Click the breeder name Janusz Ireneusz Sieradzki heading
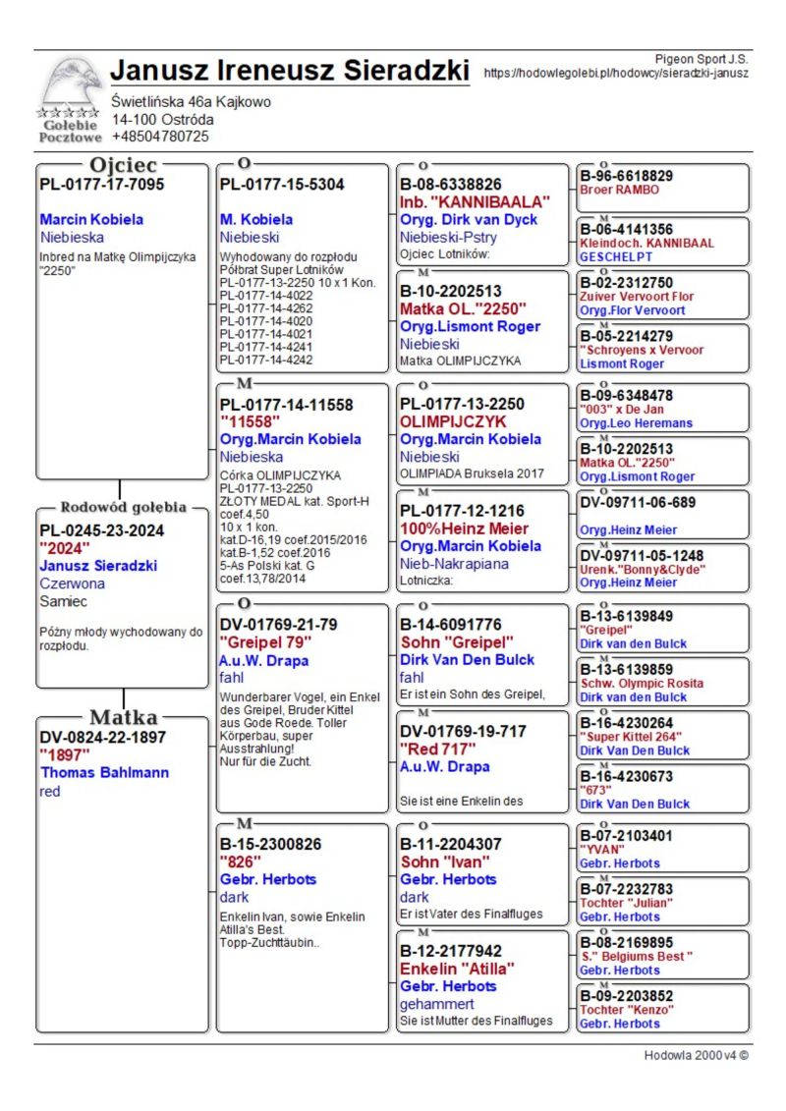tap(289, 71)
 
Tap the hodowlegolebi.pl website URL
tap(616, 73)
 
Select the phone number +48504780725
tap(160, 137)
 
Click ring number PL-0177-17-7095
tap(101, 184)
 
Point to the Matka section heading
tap(123, 717)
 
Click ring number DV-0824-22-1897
tap(102, 737)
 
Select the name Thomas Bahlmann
tap(103, 772)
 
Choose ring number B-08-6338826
tap(451, 184)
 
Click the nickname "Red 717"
tap(436, 750)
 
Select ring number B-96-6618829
tap(626, 176)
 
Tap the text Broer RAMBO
tap(619, 190)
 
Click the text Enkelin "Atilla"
tap(457, 969)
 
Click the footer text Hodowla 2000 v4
tap(697, 1055)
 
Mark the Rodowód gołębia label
tap(123, 508)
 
